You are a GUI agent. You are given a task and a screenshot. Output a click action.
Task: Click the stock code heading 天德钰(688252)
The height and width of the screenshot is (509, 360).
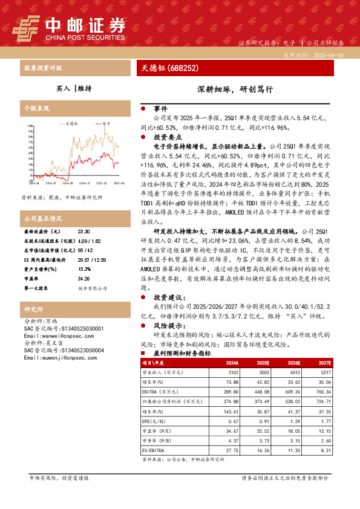166,68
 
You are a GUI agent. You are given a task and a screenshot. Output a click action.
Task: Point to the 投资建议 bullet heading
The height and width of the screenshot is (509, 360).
168,297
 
